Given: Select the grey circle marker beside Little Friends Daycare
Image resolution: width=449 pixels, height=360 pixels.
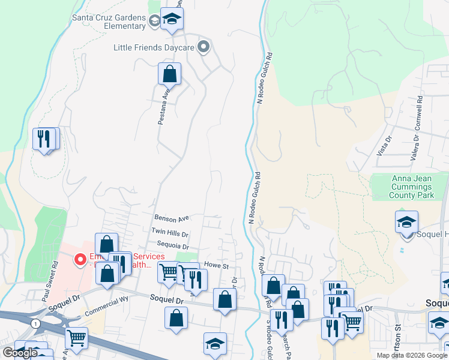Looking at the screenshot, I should [x=205, y=47].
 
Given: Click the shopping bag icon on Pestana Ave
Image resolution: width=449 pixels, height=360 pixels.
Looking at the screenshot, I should [x=170, y=74].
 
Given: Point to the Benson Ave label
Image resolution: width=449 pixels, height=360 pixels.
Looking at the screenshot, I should [x=172, y=218].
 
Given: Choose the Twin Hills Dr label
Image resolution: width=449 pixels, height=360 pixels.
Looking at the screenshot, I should [x=170, y=232].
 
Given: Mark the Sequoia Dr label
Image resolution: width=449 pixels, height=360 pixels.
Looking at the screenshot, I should [x=172, y=246].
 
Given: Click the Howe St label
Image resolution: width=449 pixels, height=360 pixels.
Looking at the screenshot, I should [x=217, y=265].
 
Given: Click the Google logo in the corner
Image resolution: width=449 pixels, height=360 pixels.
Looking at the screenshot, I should [x=20, y=353].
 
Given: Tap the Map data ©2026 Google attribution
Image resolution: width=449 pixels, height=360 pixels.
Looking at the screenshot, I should [x=412, y=355].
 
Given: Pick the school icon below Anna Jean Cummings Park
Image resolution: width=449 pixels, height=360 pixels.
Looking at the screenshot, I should [x=406, y=223].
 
